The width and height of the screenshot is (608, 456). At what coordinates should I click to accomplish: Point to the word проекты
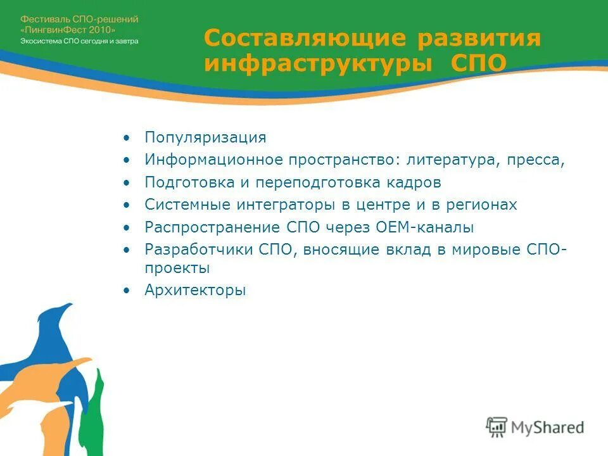[x=177, y=269]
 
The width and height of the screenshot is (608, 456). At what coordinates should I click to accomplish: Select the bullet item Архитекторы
[x=194, y=291]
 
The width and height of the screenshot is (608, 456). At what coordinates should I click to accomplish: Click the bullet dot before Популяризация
[x=127, y=138]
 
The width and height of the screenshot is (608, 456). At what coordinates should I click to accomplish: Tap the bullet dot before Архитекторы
[x=127, y=291]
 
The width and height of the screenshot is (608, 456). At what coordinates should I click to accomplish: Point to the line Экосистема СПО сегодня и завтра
[x=79, y=41]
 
